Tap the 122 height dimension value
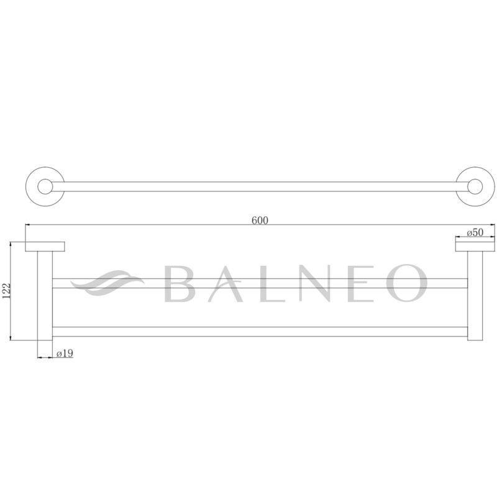coord(7,291)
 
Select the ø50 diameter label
coord(474,233)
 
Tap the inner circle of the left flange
coord(45,186)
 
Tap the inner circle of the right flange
coord(473,186)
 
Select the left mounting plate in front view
coord(46,246)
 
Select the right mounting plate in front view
coord(476,246)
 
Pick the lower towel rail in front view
coord(260,331)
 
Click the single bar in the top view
coord(260,186)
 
